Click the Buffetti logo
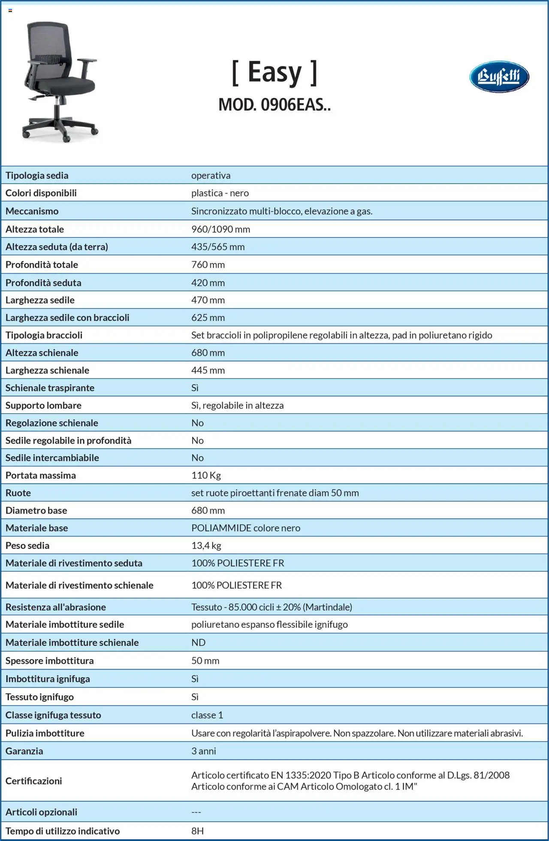pyautogui.click(x=499, y=77)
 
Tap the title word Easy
pyautogui.click(x=274, y=72)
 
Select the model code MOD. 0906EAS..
pyautogui.click(x=274, y=105)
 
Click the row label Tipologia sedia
pyautogui.click(x=37, y=175)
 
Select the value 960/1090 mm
pyautogui.click(x=220, y=229)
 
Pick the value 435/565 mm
pyautogui.click(x=218, y=247)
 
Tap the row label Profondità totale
pyautogui.click(x=42, y=265)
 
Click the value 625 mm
pyautogui.click(x=208, y=318)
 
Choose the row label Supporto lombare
pyautogui.click(x=43, y=405)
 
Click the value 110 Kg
pyautogui.click(x=206, y=475)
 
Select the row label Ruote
pyautogui.click(x=18, y=493)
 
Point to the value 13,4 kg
pyautogui.click(x=206, y=546)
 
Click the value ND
pyautogui.click(x=198, y=643)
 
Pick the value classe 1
pyautogui.click(x=207, y=715)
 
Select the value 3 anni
pyautogui.click(x=204, y=751)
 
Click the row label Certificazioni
pyautogui.click(x=33, y=781)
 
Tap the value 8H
pyautogui.click(x=198, y=831)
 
